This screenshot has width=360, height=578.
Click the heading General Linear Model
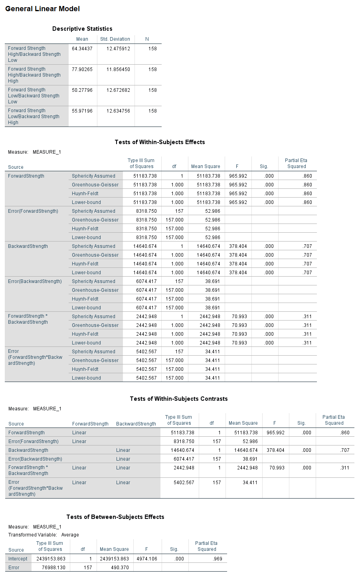click(x=42, y=9)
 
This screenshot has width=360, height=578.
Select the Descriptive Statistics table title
click(x=82, y=29)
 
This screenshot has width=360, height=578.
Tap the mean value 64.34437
click(x=82, y=49)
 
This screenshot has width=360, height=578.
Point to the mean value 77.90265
click(x=82, y=69)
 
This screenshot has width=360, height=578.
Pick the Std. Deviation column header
click(x=115, y=39)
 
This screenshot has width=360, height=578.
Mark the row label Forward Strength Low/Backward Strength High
click(x=34, y=117)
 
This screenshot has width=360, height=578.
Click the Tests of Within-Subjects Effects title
click(x=160, y=142)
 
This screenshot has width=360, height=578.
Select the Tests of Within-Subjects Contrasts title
click(x=179, y=399)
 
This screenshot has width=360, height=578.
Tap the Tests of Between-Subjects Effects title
click(x=115, y=517)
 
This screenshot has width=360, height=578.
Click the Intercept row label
click(x=18, y=559)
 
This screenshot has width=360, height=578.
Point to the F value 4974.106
click(x=147, y=559)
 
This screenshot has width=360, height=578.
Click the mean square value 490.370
click(x=120, y=568)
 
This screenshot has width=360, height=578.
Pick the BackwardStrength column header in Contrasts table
click(x=136, y=424)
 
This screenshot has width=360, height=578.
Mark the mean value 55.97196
click(x=82, y=111)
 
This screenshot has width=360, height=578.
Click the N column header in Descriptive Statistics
click(x=147, y=39)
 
